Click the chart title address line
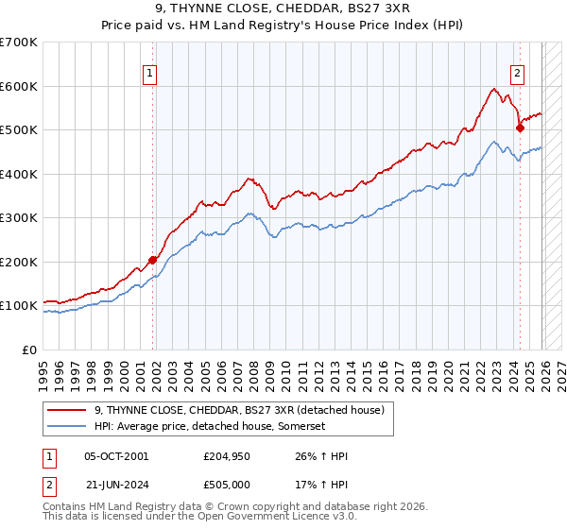point(283,9)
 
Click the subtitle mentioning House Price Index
point(283,26)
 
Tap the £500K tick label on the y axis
point(19,130)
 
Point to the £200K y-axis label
point(19,262)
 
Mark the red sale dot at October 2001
point(152,260)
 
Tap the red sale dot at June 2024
point(520,128)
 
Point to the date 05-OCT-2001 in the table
point(116,456)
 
